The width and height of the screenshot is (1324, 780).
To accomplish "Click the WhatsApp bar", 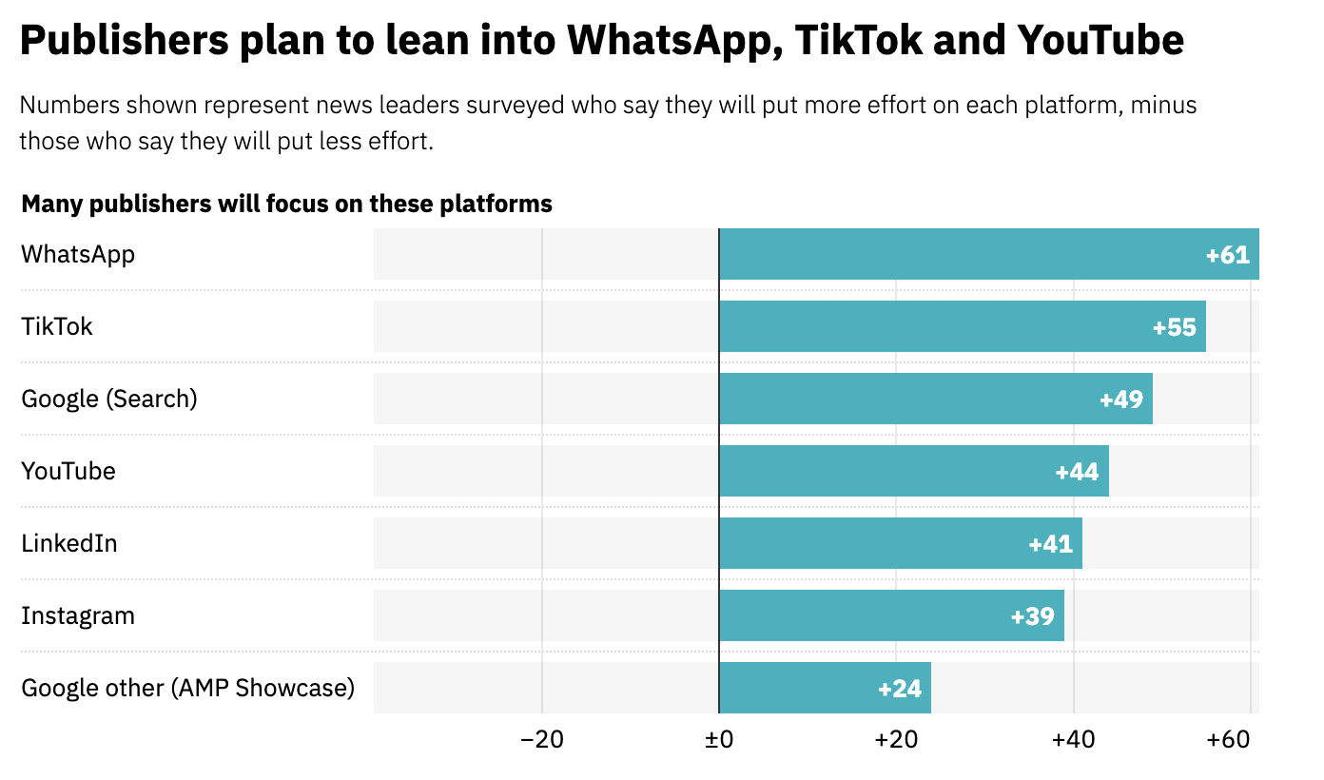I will pos(989,254).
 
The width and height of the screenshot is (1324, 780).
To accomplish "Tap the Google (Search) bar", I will pos(936,399).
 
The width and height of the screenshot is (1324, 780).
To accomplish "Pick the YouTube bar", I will pos(914,471).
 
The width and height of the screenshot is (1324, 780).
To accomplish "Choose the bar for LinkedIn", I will pos(901,543).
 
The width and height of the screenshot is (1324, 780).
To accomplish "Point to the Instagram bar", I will pos(891,615).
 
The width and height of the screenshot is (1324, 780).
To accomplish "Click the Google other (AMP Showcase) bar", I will pos(825,688).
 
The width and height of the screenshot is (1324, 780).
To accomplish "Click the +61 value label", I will pos(1227,255).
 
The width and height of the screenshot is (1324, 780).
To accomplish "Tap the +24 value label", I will pos(900,689).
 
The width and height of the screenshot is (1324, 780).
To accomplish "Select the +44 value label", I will pos(1077,472).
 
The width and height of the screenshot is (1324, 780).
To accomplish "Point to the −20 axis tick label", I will pos(541,740).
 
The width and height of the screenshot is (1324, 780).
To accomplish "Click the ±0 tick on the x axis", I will pos(718,740).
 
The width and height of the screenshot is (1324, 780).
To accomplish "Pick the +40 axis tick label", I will pos(1073,740).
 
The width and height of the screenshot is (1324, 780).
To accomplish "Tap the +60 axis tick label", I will pos(1227,740).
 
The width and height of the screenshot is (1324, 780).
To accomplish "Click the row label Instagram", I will pos(78,615).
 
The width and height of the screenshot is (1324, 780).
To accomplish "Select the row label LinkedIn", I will pos(69,543).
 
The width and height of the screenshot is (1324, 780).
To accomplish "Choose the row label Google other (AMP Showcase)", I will pos(187,688).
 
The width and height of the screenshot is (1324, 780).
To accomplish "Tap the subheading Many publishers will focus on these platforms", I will pos(286,204).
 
